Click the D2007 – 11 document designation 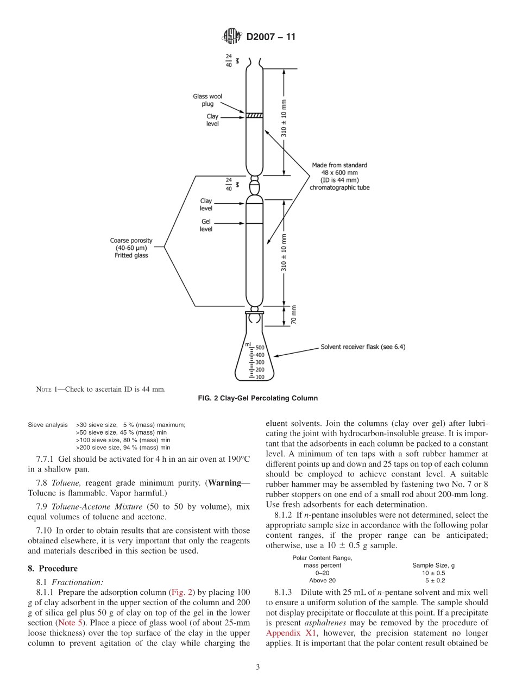[x=271, y=37]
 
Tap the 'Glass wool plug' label [x=207, y=100]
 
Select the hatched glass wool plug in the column [x=254, y=115]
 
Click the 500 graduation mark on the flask [x=260, y=348]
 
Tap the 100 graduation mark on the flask [x=260, y=376]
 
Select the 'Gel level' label [x=206, y=225]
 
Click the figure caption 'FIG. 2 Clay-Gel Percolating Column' [x=258, y=398]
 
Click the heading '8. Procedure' [x=53, y=568]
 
